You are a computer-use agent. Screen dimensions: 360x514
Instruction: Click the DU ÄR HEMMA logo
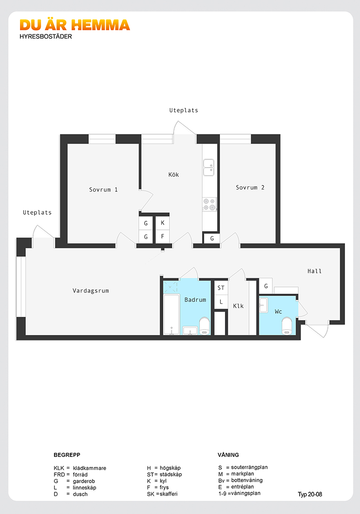75,25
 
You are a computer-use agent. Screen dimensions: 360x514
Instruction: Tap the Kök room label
174,175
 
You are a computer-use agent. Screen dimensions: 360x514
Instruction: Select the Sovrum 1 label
103,190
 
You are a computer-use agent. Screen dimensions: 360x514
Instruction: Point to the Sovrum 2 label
250,188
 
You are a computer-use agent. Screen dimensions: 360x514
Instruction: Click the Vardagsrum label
91,291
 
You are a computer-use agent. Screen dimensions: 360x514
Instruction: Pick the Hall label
314,271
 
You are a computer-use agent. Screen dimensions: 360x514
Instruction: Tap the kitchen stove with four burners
209,204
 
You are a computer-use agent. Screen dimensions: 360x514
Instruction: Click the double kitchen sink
209,167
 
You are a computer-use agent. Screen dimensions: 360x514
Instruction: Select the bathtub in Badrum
171,315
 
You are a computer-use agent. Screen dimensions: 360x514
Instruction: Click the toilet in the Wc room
287,326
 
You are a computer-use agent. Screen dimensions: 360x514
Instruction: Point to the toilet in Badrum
204,326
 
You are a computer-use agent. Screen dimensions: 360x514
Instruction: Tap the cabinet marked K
163,223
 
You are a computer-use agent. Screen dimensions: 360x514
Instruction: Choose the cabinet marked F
163,236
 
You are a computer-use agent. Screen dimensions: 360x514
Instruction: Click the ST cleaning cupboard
221,288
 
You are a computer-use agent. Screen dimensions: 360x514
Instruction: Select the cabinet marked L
221,301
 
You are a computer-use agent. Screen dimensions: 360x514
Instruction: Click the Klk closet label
238,306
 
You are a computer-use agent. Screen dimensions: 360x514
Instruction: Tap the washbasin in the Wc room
263,305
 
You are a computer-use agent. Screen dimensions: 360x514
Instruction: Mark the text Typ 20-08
310,495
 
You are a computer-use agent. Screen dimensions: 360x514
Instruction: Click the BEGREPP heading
67,455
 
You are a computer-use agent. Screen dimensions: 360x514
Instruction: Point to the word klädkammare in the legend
89,468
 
